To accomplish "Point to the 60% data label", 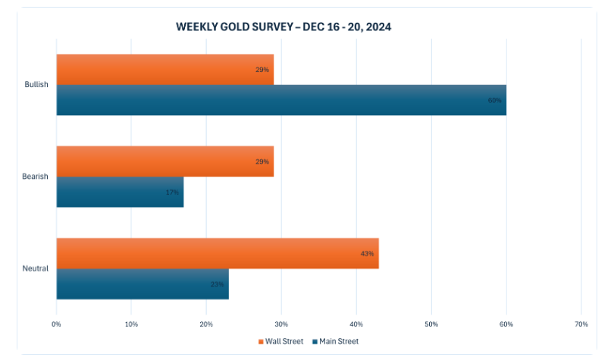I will pyautogui.click(x=495, y=100).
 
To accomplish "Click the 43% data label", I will pyautogui.click(x=368, y=253).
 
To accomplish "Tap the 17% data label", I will pyautogui.click(x=173, y=193).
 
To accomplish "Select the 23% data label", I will pyautogui.click(x=218, y=284).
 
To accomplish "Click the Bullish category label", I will pyautogui.click(x=36, y=85).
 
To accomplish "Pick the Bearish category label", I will pyautogui.click(x=36, y=177).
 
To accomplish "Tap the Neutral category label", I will pyautogui.click(x=36, y=268).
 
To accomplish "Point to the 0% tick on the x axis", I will pyautogui.click(x=56, y=324).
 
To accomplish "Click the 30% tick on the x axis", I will pyautogui.click(x=281, y=324).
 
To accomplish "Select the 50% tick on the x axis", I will pyautogui.click(x=431, y=324).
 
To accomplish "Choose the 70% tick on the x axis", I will pyautogui.click(x=581, y=324).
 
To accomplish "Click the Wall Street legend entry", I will pyautogui.click(x=281, y=342).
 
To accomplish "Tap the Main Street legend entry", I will pyautogui.click(x=334, y=342).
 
